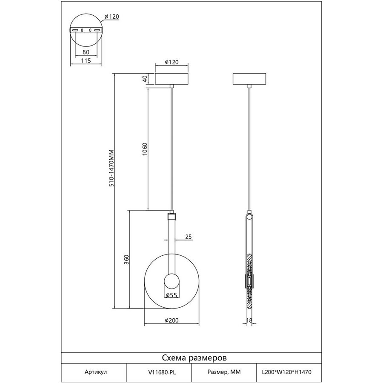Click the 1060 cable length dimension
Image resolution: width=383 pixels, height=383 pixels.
tap(145, 149)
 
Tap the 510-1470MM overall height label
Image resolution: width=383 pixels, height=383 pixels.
tap(111, 168)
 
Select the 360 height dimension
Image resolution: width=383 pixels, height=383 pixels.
tap(126, 260)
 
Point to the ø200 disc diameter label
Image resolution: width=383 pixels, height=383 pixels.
tap(171, 320)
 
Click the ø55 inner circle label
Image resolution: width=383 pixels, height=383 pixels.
tap(171, 295)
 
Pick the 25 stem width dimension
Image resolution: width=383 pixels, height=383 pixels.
tap(189, 237)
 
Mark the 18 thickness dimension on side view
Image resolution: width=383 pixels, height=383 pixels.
tap(249, 320)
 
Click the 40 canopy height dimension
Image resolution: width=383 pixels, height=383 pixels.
tap(145, 79)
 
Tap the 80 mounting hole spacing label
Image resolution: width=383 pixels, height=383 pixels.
tap(86, 52)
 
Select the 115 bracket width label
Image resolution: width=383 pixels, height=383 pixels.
tap(86, 60)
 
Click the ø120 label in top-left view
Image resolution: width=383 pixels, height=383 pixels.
tap(111, 17)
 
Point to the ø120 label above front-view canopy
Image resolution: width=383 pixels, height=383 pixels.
tap(171, 62)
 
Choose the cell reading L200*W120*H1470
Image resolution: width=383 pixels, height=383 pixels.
tap(286, 372)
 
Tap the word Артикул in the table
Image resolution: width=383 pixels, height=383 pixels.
tap(96, 372)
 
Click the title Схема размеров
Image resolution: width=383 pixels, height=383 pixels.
tap(194, 358)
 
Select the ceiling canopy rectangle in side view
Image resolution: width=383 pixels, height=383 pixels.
tap(249, 79)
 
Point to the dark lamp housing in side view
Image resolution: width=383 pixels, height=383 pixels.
tap(249, 281)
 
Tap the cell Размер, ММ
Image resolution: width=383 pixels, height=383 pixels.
tap(224, 372)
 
